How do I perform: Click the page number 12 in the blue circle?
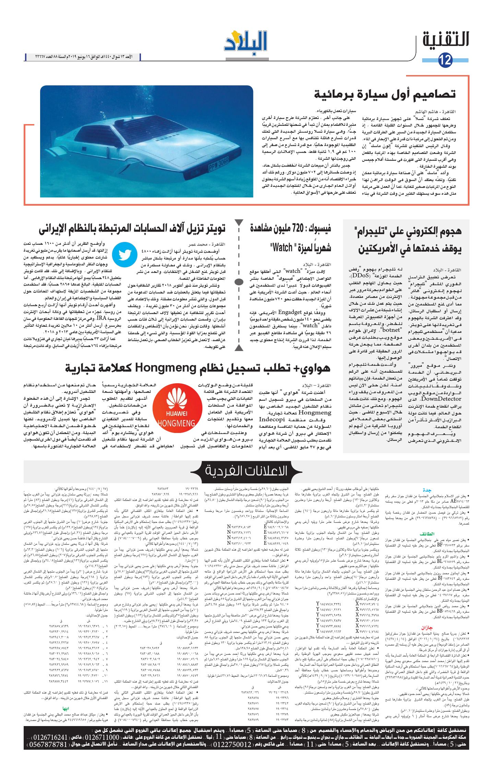pyautogui.click(x=446, y=60)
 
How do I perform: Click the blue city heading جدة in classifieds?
pyautogui.click(x=427, y=490)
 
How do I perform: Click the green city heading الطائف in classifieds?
pyautogui.click(x=427, y=534)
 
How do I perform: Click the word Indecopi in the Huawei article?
pyautogui.click(x=272, y=419)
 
